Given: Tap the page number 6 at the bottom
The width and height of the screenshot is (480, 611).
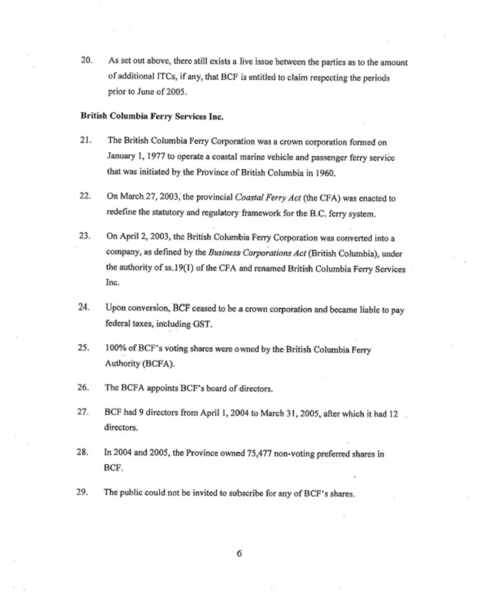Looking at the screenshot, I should pos(240,559).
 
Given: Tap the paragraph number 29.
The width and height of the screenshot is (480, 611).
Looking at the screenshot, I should pos(86,492).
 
